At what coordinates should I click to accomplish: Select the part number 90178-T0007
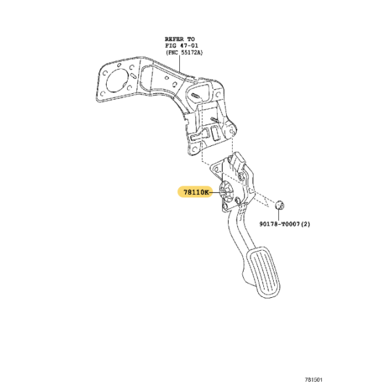(x=280, y=224)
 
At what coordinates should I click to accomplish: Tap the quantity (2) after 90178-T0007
(x=306, y=224)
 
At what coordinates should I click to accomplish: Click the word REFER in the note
(x=174, y=39)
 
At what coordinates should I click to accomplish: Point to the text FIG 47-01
(x=181, y=46)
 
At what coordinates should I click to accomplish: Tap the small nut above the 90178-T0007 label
(x=280, y=205)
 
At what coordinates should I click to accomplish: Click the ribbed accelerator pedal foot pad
(x=263, y=272)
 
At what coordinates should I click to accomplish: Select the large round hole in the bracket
(x=116, y=80)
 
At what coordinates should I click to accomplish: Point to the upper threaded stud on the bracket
(x=196, y=96)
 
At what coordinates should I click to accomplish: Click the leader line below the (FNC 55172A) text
(x=180, y=64)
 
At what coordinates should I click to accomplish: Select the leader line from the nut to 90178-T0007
(x=278, y=215)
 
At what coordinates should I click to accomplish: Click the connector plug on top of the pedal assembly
(x=237, y=160)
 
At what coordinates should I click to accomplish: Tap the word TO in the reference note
(x=191, y=39)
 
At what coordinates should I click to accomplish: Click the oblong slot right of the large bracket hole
(x=132, y=76)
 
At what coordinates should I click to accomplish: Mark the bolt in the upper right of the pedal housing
(x=241, y=177)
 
